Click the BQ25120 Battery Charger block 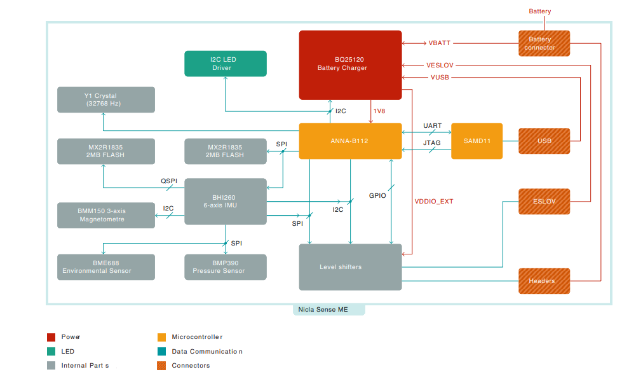pyautogui.click(x=350, y=65)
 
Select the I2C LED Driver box pyautogui.click(x=226, y=64)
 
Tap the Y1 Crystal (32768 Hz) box pyautogui.click(x=106, y=100)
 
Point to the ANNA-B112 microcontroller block pyautogui.click(x=350, y=141)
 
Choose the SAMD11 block pyautogui.click(x=477, y=141)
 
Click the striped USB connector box pyautogui.click(x=544, y=141)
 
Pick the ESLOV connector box pyautogui.click(x=544, y=202)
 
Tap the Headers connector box pyautogui.click(x=544, y=281)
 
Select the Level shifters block pyautogui.click(x=350, y=267)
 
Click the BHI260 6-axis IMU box pyautogui.click(x=226, y=202)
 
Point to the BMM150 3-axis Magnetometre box pyautogui.click(x=106, y=215)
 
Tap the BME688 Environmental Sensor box pyautogui.click(x=106, y=267)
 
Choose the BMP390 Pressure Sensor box pyautogui.click(x=226, y=267)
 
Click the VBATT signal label pyautogui.click(x=439, y=43)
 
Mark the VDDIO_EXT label pyautogui.click(x=434, y=202)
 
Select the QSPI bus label pyautogui.click(x=168, y=181)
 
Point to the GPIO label pyautogui.click(x=377, y=195)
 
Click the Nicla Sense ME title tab pyautogui.click(x=329, y=310)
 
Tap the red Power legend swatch pyautogui.click(x=51, y=336)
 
